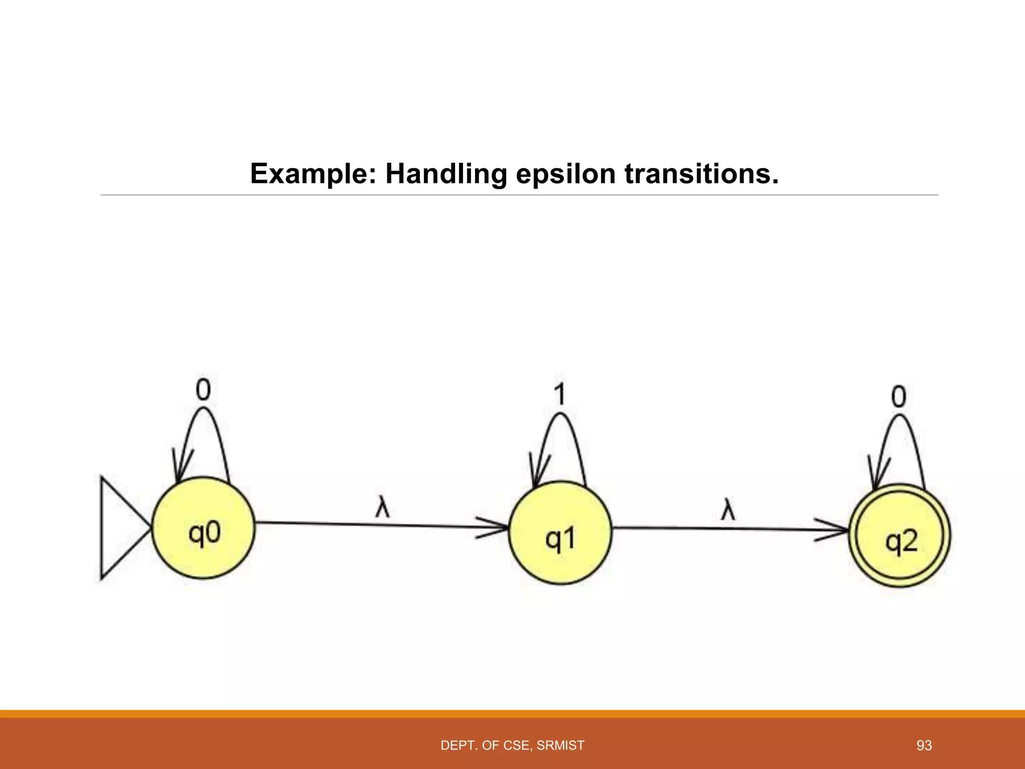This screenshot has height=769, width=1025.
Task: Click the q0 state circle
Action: [x=203, y=528]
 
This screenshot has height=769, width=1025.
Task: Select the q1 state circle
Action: [x=560, y=533]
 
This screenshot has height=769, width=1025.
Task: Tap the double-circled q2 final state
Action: [x=899, y=536]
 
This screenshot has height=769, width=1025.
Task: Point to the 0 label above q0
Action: [x=203, y=390]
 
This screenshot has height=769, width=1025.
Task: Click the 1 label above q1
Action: [x=560, y=394]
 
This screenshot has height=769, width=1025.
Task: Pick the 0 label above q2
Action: [x=899, y=398]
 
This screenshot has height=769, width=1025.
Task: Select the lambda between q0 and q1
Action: [x=382, y=508]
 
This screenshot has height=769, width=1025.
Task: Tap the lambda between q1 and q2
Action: [x=728, y=511]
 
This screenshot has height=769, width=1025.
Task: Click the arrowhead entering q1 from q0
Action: [x=495, y=527]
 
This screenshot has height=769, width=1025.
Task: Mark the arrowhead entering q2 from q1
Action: [x=835, y=530]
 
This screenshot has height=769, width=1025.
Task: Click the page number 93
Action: [x=924, y=745]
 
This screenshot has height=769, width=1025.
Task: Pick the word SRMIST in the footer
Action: [x=560, y=745]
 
